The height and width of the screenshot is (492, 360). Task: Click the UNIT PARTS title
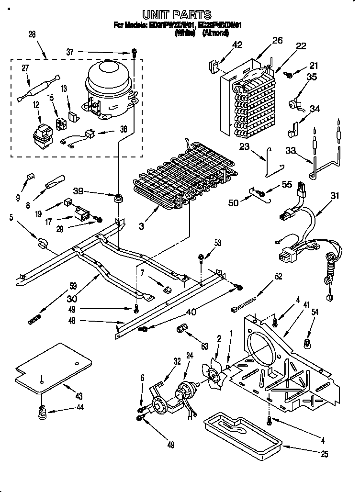(178, 15)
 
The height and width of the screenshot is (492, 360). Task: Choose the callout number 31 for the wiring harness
(335, 195)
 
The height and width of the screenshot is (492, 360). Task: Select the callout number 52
(279, 277)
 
